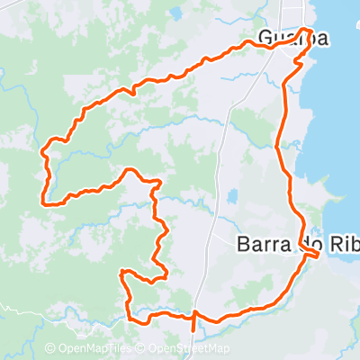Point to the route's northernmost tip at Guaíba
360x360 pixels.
click(x=309, y=30)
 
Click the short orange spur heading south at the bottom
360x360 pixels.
click(x=193, y=326)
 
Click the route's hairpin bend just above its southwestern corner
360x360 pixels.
click(x=123, y=273)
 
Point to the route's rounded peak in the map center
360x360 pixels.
click(x=131, y=169)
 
